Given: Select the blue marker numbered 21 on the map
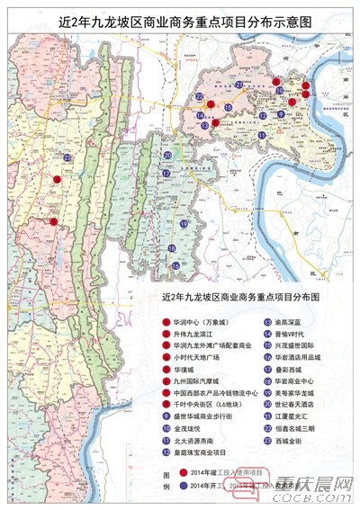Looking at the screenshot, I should [x=239, y=85].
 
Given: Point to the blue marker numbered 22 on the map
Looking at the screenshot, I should [x=199, y=95].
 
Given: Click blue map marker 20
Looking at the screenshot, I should [x=166, y=155].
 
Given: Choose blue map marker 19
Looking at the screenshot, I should [x=183, y=224].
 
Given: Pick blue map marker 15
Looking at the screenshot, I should [x=229, y=107].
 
